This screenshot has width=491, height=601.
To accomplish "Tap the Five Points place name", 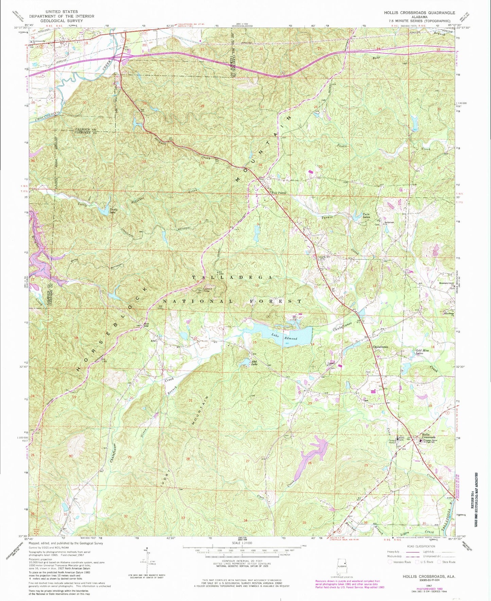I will pos(279,193).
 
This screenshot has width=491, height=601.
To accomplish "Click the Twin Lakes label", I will pos(366,215).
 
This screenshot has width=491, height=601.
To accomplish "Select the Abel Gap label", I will pos(146,325).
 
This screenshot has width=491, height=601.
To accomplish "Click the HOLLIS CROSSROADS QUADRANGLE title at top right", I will pos(419,13).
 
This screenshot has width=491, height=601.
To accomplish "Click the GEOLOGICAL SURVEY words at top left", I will pos(62,20).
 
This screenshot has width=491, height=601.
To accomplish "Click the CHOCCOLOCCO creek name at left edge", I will pos(48,116).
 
